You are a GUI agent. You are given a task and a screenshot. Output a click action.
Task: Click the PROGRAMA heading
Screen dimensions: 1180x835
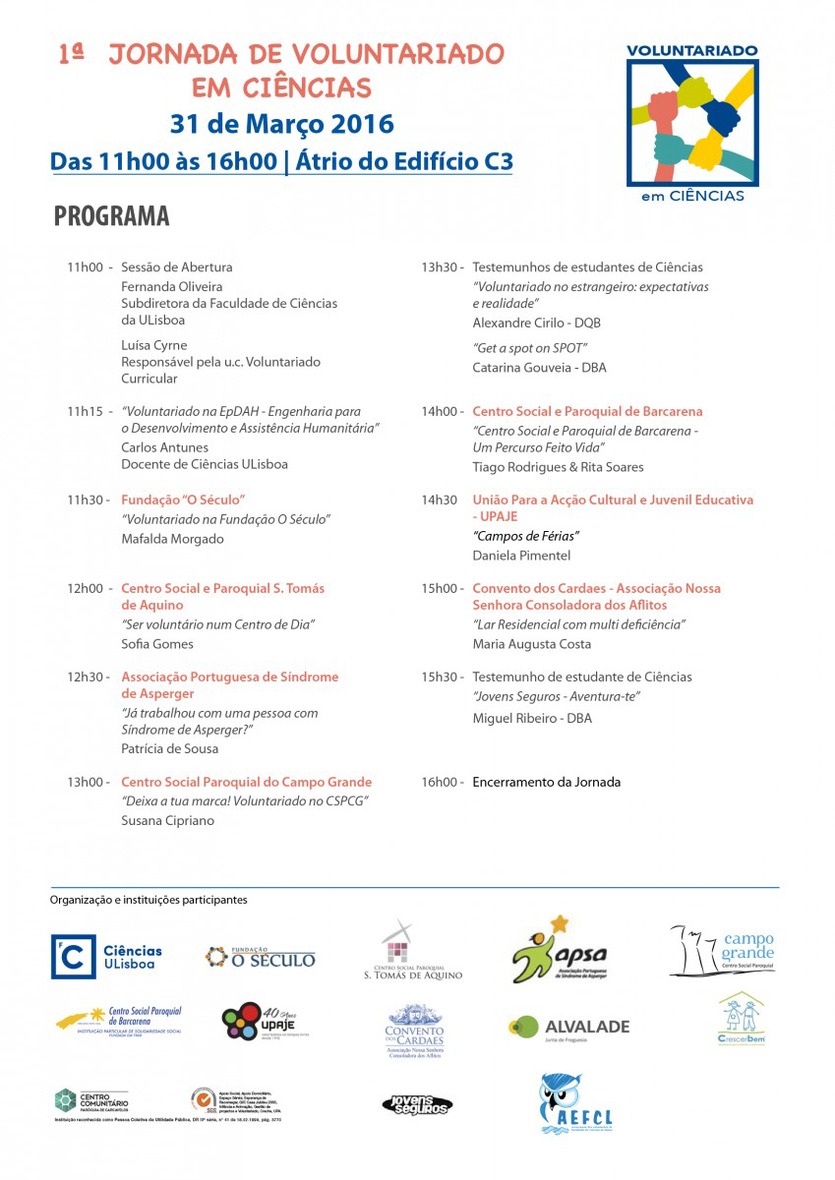(111, 216)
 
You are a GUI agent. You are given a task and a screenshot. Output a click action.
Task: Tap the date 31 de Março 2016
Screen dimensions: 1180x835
(281, 125)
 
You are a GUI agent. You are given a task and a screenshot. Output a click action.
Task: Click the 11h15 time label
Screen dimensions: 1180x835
(85, 411)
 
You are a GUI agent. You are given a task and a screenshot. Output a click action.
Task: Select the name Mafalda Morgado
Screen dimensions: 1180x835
(172, 539)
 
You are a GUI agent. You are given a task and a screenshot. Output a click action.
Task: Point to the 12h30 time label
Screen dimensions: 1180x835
(85, 677)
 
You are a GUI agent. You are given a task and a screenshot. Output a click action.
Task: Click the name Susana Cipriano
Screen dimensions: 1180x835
(167, 820)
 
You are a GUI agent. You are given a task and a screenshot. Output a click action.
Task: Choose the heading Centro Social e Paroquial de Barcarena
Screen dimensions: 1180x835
(587, 411)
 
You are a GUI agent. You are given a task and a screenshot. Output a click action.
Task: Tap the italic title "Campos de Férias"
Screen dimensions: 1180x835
(526, 536)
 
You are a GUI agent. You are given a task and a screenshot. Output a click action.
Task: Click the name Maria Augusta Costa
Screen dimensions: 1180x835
(532, 644)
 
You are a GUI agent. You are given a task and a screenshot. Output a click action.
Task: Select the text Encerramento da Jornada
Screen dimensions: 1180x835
(546, 782)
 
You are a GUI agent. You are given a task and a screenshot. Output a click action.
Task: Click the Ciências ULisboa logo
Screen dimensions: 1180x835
(107, 957)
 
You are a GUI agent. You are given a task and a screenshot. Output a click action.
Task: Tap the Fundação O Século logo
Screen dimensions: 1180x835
(261, 957)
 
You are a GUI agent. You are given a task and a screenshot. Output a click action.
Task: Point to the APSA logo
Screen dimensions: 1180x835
(560, 951)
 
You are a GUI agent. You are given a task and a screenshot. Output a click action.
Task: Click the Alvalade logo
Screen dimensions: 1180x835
(568, 1027)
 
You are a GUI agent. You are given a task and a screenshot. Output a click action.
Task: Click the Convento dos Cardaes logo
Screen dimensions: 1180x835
(414, 1031)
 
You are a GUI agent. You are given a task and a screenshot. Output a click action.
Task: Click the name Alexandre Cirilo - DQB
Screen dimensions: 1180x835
(536, 323)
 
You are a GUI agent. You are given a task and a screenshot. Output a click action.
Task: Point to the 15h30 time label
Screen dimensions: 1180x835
(440, 677)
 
